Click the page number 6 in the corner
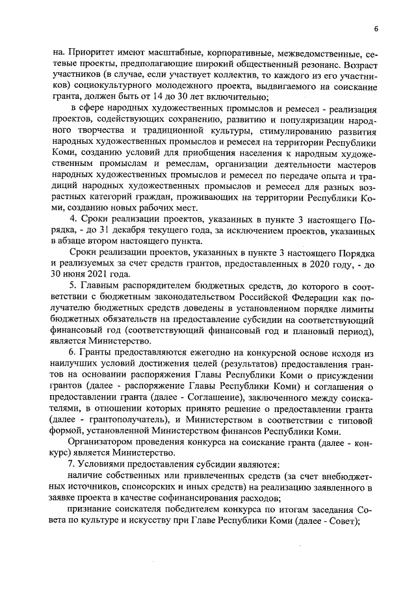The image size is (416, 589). coord(376,28)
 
